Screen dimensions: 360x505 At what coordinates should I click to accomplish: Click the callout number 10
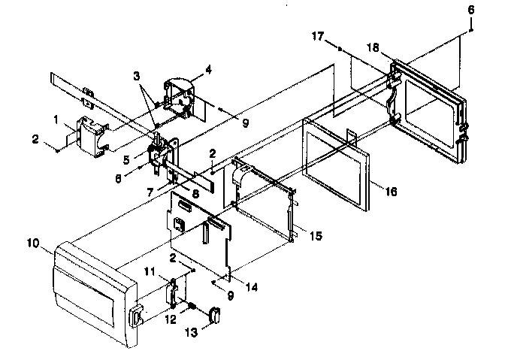point(32,244)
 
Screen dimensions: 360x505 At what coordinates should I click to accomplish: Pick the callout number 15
point(316,236)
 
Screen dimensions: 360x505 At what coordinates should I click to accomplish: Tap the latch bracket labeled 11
point(174,292)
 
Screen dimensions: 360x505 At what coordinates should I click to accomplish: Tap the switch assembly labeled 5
point(159,150)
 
